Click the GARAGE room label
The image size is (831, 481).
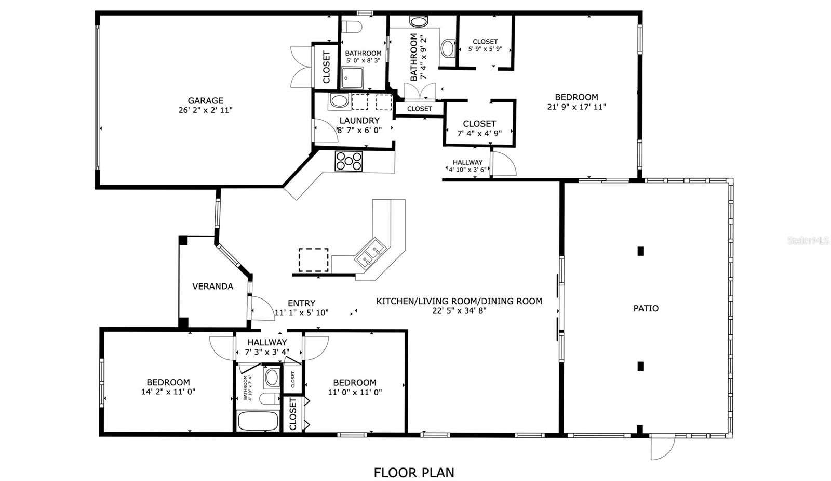pos(205,101)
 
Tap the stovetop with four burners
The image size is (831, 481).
pos(349,161)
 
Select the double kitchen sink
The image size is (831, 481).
pos(370,253)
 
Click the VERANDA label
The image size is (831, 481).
pos(212,287)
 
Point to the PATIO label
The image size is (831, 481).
pos(646,308)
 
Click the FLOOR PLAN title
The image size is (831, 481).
pos(414,473)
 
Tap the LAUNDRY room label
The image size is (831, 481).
pos(359,121)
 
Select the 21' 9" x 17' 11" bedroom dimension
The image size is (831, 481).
pos(577,107)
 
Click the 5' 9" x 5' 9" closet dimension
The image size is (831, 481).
pos(485,49)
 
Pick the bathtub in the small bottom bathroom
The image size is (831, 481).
pos(258,421)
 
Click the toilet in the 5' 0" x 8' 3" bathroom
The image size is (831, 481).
pos(351,27)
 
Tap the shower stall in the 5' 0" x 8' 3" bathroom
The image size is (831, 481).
pos(352,78)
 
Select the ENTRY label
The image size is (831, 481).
pos(301,303)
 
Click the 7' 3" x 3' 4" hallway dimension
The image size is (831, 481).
pos(267,352)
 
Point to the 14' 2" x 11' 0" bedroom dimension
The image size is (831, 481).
pos(168,392)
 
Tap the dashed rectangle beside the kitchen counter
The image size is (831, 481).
pos(314,260)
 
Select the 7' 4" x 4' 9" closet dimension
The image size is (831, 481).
pos(479,133)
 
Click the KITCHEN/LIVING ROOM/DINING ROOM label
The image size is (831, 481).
pos(459,301)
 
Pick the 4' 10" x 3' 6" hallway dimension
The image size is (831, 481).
pos(467,170)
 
